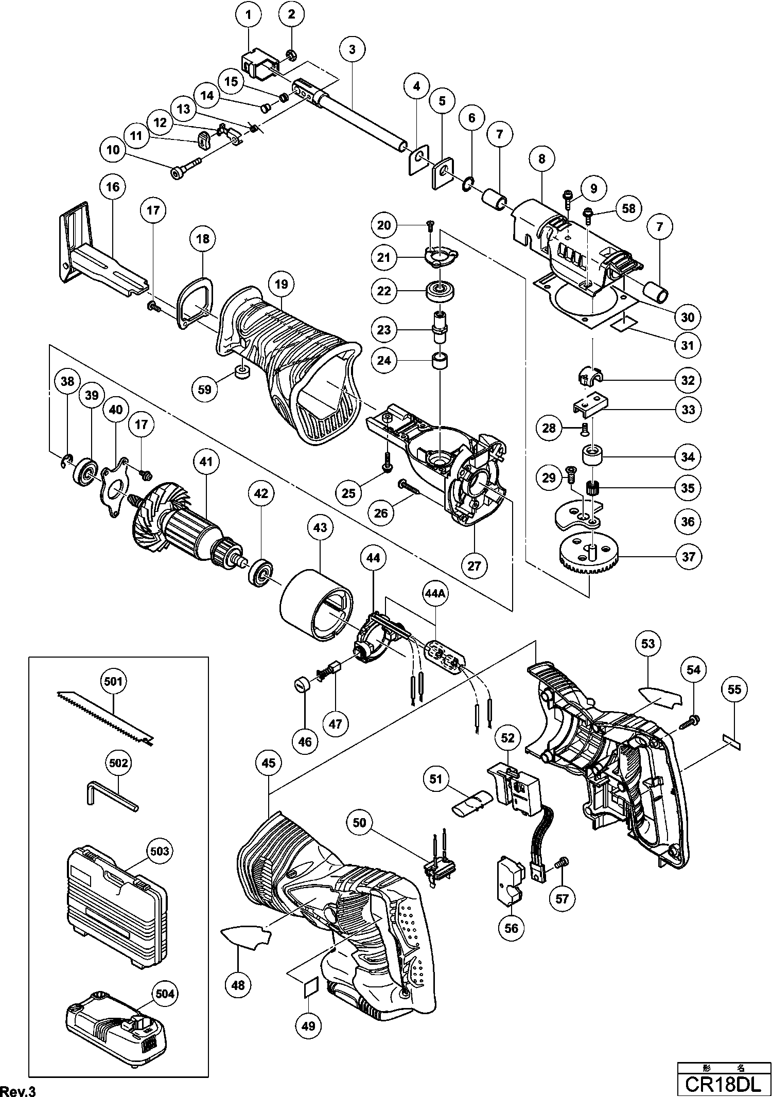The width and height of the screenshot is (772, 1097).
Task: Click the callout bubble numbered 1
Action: coord(249,15)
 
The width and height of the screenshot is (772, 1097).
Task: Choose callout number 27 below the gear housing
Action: coord(474,565)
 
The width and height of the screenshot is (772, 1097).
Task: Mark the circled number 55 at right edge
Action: coord(734,689)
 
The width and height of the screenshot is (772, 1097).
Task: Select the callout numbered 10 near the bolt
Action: coord(113,150)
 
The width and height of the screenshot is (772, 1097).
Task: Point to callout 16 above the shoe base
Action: coord(113,186)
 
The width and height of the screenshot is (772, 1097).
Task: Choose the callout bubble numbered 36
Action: coord(688,522)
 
